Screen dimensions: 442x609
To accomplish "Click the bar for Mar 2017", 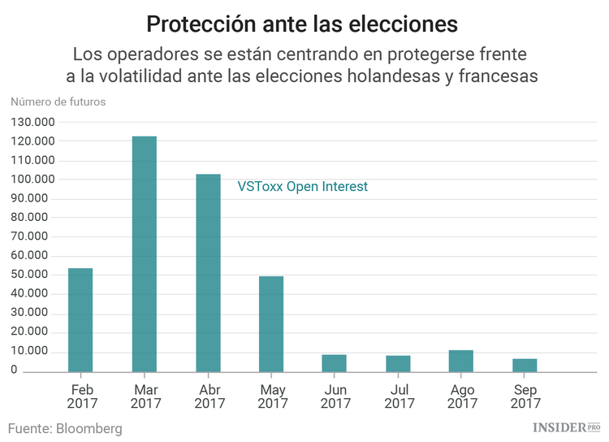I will [144, 253].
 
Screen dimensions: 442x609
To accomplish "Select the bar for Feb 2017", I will [80, 320].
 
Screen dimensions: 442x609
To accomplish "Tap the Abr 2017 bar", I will [208, 273].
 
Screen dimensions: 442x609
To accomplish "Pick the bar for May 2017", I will [271, 324].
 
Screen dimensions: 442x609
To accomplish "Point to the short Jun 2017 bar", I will [334, 363].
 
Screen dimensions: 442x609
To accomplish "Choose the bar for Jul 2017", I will [398, 364].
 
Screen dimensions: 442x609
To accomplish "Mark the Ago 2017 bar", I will [461, 361].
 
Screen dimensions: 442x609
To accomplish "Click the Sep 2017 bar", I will [525, 365].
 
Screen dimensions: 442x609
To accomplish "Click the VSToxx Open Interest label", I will [302, 187].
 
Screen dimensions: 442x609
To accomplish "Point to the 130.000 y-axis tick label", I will [32, 122].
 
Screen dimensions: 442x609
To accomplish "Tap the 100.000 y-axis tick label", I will [32, 180].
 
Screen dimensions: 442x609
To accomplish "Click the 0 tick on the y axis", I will [14, 370].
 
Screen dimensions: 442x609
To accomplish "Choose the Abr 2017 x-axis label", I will [209, 396].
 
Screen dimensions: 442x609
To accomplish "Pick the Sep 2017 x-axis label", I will [525, 396].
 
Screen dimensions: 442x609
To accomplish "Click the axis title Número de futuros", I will [58, 102].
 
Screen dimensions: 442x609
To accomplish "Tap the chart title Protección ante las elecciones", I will [302, 24].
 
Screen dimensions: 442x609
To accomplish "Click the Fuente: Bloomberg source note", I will [65, 428].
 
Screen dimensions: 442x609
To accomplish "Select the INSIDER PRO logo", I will [565, 427].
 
